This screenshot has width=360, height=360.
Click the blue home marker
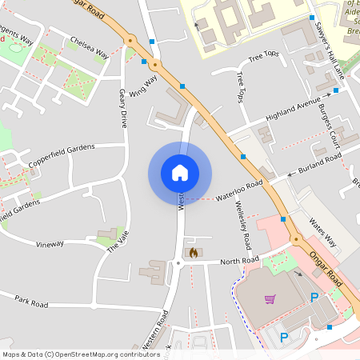tap(179, 173)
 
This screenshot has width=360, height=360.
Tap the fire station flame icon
tap(193, 252)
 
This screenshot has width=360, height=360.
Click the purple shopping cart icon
tap(270, 299)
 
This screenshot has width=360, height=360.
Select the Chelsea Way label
tap(89, 47)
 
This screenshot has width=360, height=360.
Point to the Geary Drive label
tap(123, 109)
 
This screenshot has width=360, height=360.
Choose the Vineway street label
tap(50, 243)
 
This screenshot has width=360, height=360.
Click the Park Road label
tap(31, 301)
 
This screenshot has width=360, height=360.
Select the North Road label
tap(240, 261)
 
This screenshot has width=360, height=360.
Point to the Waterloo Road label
tap(239, 190)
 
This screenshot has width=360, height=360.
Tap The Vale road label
tap(118, 241)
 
